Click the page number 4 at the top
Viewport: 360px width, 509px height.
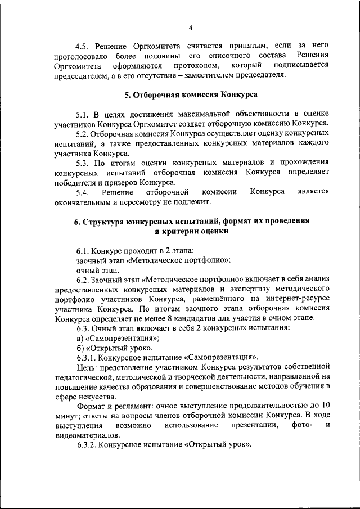(191, 28)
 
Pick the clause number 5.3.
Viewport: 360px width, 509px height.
(84, 163)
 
